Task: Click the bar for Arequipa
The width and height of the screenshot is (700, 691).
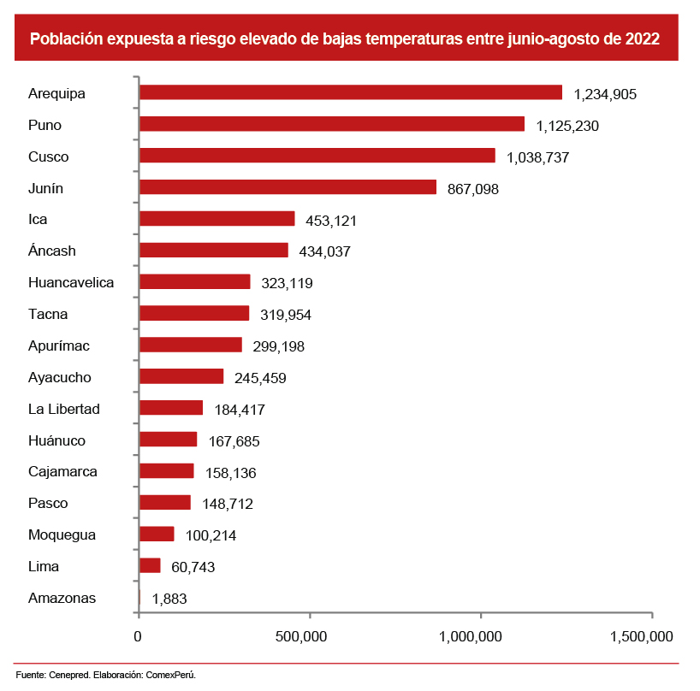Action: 350,92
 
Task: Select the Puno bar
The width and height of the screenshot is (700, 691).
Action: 331,124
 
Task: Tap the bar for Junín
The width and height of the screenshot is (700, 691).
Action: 288,187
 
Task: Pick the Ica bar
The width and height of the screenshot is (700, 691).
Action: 217,219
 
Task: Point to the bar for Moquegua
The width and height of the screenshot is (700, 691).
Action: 157,534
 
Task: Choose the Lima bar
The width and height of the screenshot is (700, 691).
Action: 150,565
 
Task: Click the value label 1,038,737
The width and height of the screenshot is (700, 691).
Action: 537,157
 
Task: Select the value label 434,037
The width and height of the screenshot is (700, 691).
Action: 325,251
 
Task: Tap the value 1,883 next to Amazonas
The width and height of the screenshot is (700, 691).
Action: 169,599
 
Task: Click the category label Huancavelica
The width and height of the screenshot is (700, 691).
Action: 71,282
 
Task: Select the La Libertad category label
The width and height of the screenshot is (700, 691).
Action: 64,409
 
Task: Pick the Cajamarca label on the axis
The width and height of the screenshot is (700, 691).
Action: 62,471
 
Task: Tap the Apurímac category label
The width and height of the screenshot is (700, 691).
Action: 59,345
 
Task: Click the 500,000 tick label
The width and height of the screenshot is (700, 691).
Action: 304,636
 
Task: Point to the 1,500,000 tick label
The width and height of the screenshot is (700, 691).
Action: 641,636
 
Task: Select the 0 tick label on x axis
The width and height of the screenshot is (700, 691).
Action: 138,636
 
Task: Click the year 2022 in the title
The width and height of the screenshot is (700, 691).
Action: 641,39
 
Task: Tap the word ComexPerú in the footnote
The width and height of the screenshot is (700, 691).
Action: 174,676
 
